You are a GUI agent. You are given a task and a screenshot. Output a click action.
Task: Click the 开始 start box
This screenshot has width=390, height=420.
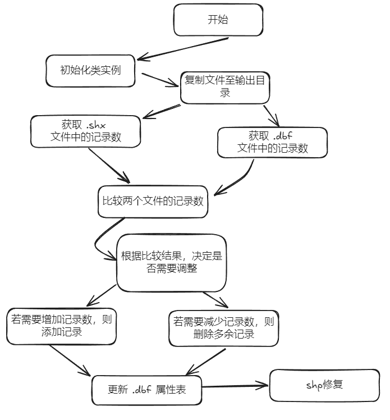coord(218,20)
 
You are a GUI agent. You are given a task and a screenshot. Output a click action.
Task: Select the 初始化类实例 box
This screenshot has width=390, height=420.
coord(90,71)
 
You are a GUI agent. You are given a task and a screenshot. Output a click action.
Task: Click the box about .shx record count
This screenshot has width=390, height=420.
coord(85,131)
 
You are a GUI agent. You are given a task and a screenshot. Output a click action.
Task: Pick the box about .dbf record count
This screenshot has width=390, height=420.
coord(272,142)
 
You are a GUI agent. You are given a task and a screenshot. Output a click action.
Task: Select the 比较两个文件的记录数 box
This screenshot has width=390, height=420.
coord(152,202)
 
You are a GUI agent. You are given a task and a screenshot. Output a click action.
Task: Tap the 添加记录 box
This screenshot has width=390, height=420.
coord(61,326)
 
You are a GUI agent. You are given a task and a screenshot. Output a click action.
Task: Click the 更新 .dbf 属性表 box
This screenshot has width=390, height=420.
coord(146,389)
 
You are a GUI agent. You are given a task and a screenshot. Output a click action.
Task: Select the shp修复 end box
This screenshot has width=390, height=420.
coord(324,385)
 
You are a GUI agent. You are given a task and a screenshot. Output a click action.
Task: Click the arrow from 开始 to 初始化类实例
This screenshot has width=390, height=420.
coord(182,49)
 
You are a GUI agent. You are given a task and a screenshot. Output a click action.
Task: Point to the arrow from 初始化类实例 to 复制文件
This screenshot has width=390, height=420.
coord(159,79)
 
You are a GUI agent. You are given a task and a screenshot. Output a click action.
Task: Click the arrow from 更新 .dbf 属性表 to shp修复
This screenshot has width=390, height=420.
coord(236,386)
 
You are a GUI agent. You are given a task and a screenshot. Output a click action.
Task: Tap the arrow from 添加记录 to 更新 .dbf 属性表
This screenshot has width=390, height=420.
coord(70,360)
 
